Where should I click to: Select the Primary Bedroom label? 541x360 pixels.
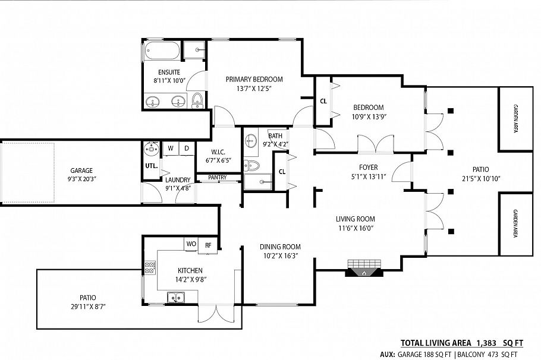254,79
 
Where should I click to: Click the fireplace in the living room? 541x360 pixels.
364,269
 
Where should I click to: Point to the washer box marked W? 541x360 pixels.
170,148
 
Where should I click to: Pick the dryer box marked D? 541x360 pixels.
185,148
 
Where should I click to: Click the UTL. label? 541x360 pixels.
151,166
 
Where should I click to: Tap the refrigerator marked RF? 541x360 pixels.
208,244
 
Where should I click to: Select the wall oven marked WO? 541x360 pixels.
191,244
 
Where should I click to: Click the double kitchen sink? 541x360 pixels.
175,297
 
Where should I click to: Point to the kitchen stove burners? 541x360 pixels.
149,269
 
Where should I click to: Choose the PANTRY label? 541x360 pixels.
216,177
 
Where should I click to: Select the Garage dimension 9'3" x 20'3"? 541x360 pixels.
81,178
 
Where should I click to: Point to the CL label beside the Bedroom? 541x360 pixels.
323,101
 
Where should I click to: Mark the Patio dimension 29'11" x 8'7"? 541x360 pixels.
87,307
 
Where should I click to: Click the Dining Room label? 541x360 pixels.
280,247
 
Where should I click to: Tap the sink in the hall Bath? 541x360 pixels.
250,141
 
